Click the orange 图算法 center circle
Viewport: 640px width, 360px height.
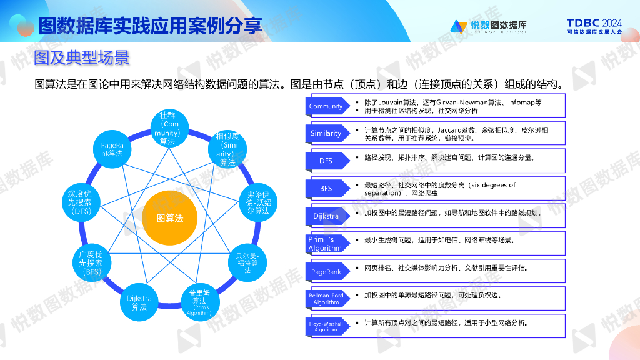(x=169, y=218)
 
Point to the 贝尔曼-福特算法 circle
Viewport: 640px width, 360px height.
(x=247, y=263)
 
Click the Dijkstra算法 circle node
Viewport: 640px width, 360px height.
(x=139, y=302)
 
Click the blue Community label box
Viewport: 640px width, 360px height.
(x=326, y=106)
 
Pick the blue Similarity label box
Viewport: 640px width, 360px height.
(x=326, y=133)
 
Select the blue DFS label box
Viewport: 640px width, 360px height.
(x=326, y=161)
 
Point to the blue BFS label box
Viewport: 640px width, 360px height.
(x=326, y=188)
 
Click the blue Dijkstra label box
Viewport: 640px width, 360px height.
(x=326, y=216)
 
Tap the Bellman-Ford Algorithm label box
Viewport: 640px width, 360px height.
(x=326, y=299)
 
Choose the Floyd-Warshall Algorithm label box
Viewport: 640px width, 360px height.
(x=326, y=326)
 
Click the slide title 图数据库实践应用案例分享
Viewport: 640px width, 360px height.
(x=150, y=26)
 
